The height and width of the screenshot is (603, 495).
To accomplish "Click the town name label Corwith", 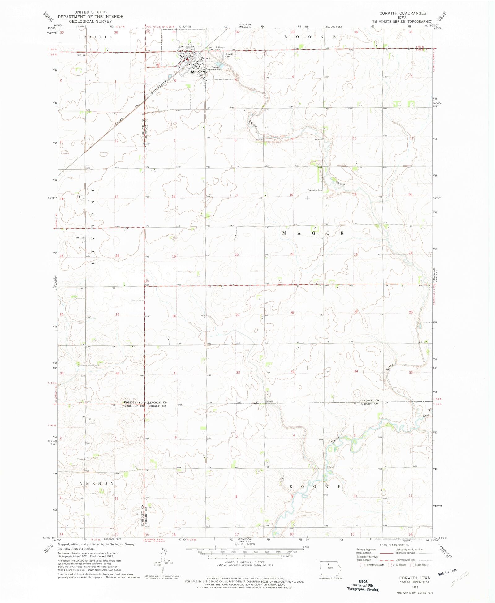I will coord(206,58).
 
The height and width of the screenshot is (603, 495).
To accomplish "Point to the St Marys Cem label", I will coord(220,48).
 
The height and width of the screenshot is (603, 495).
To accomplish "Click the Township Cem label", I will coord(315,190).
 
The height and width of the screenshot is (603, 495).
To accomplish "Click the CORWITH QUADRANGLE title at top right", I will coord(403,13).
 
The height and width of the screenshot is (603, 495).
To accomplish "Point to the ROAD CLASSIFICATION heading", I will coord(394,545).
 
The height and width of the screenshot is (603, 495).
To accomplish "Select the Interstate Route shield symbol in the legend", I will coord(362,565).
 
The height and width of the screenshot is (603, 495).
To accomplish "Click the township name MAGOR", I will coord(313,233).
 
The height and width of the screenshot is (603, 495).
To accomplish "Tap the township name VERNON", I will coord(97,483).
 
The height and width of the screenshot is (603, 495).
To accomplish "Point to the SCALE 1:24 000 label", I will coord(244,544).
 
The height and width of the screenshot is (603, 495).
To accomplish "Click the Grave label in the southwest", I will coord(80,460).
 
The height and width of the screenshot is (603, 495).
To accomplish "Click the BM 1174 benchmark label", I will coord(80,55).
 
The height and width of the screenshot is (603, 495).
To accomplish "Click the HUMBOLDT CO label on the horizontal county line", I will coord(133,406).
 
